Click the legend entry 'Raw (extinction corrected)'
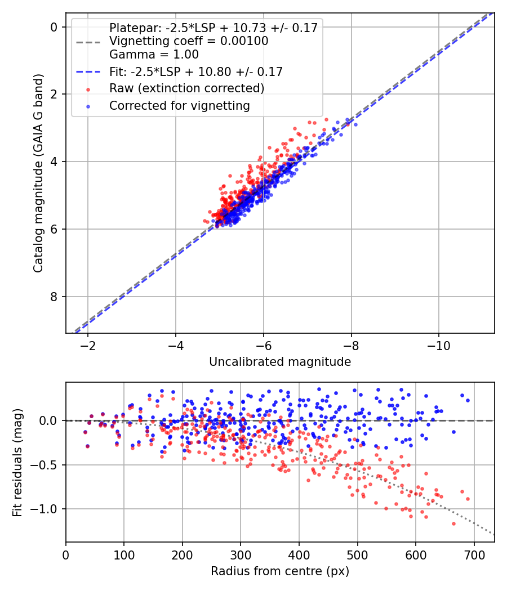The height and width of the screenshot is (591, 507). click(x=186, y=88)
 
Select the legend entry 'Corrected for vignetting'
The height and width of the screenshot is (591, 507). click(x=180, y=105)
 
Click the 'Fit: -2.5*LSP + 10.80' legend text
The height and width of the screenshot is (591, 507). click(x=195, y=71)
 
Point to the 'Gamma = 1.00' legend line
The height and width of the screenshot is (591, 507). click(x=154, y=55)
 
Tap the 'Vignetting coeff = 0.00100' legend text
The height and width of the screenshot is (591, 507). click(x=189, y=41)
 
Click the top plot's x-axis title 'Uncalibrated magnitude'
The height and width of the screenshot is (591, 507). click(x=280, y=362)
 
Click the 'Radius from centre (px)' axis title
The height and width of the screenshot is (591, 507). click(x=280, y=571)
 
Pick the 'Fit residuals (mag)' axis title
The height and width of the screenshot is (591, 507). click(x=17, y=462)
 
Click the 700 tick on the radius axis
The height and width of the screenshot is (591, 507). click(x=474, y=554)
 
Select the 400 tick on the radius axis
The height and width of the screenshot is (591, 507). click(x=299, y=554)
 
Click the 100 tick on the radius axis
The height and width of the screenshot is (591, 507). click(x=124, y=554)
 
